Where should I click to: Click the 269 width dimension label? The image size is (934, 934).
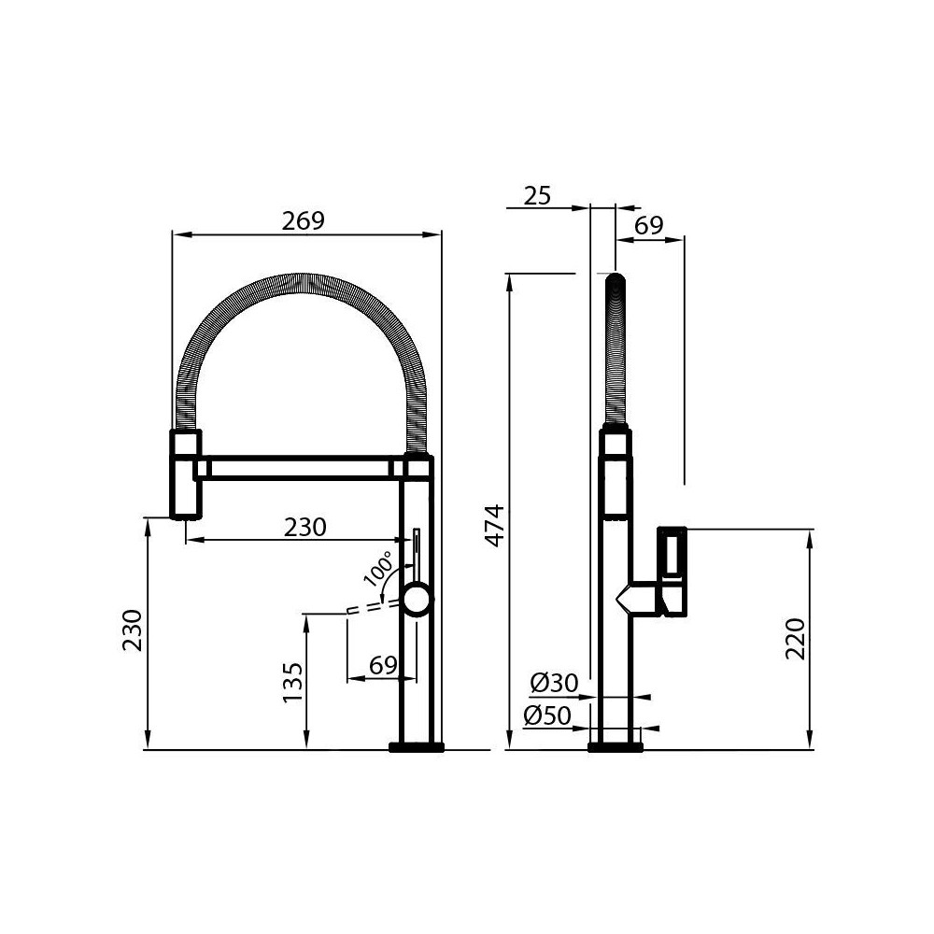pyautogui.click(x=304, y=221)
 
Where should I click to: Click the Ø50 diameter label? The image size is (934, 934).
pyautogui.click(x=547, y=715)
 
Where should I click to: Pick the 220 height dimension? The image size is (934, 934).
pyautogui.click(x=794, y=639)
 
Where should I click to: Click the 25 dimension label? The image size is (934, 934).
pyautogui.click(x=537, y=195)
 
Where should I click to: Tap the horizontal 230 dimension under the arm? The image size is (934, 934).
pyautogui.click(x=305, y=527)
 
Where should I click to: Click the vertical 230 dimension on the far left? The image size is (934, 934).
pyautogui.click(x=133, y=630)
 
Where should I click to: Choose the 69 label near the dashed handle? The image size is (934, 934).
pyautogui.click(x=383, y=665)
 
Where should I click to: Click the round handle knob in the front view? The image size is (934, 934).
pyautogui.click(x=417, y=598)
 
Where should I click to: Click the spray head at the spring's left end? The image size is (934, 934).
pyautogui.click(x=185, y=474)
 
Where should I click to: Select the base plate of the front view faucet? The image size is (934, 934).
pyautogui.click(x=417, y=746)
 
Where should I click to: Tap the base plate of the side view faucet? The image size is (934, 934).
pyautogui.click(x=616, y=746)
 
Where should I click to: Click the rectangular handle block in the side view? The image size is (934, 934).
pyautogui.click(x=673, y=570)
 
